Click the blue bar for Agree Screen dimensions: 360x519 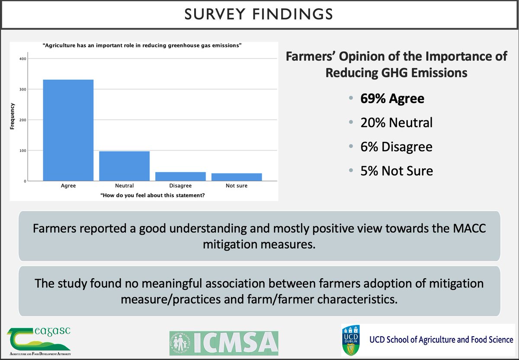(68, 130)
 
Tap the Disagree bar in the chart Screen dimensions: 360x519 (180, 177)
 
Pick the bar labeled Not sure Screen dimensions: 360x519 (237, 177)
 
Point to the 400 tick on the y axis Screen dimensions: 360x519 (22, 59)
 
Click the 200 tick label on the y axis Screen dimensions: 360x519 (22, 120)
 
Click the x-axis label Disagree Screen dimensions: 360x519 (180, 186)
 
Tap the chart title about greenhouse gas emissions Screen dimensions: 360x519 (142, 48)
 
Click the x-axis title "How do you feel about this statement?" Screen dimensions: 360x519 (153, 195)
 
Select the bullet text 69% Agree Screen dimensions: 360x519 (392, 99)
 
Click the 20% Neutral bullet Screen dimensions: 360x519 (396, 123)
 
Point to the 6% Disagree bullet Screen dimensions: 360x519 (396, 147)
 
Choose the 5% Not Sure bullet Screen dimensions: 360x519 (396, 170)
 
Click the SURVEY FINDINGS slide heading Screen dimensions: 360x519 (259, 14)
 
